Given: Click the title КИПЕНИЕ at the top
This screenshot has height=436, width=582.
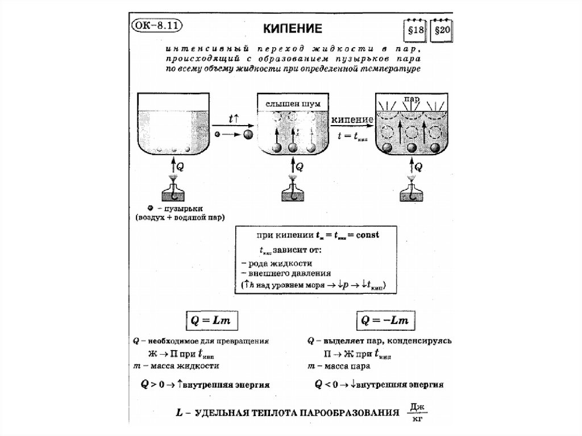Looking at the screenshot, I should (x=294, y=28).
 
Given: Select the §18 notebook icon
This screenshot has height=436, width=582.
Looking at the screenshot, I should (x=413, y=31).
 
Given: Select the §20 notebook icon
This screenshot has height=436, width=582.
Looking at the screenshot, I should (x=442, y=31).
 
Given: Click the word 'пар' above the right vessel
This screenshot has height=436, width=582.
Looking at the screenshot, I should (x=411, y=99).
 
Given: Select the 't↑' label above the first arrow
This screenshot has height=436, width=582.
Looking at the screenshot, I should (x=234, y=119).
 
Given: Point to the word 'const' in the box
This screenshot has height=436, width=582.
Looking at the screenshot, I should (x=368, y=234).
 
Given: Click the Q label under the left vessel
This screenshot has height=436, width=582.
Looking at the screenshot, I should (x=180, y=167).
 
